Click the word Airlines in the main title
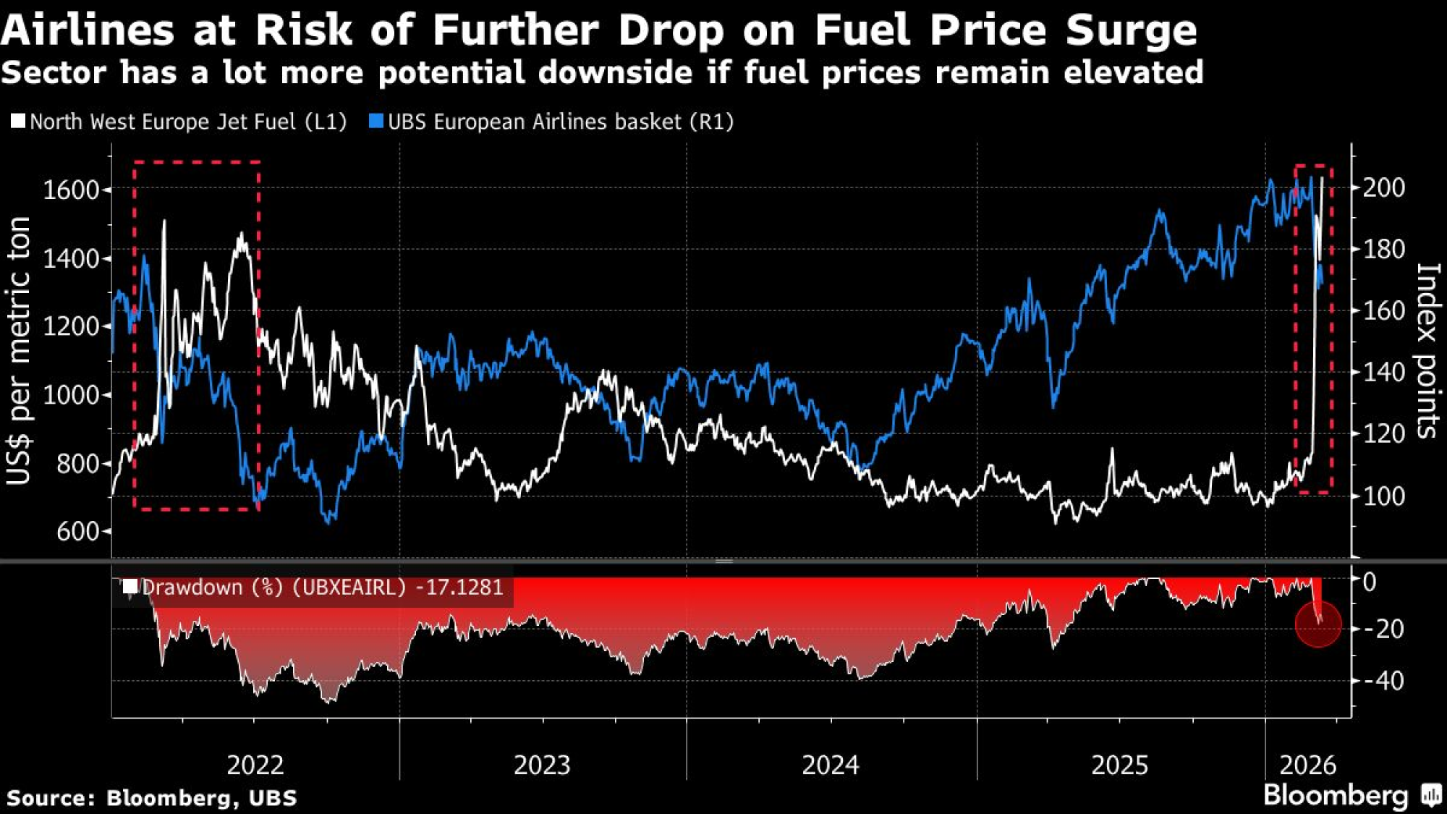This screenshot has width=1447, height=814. coord(88,30)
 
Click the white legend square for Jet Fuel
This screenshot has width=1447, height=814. coord(18,121)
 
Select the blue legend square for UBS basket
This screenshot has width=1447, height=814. coord(375,121)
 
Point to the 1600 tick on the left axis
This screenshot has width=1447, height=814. coord(71,190)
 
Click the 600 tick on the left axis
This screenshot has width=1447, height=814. coord(78,532)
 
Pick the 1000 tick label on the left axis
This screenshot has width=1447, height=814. coord(71,395)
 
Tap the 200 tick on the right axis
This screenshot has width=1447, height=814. coord(1383,187)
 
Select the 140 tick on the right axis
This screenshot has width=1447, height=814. coord(1383,373)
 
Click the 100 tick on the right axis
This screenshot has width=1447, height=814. coord(1383,496)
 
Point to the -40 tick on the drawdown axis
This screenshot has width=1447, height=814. coord(1383,681)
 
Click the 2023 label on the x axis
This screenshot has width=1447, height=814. coord(542,765)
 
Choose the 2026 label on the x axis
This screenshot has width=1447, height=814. coord(1308,765)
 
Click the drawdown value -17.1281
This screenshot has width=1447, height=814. coord(459,587)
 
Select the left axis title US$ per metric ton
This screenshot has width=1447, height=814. coord(20,351)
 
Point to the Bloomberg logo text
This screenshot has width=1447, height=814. coord(1336,796)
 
